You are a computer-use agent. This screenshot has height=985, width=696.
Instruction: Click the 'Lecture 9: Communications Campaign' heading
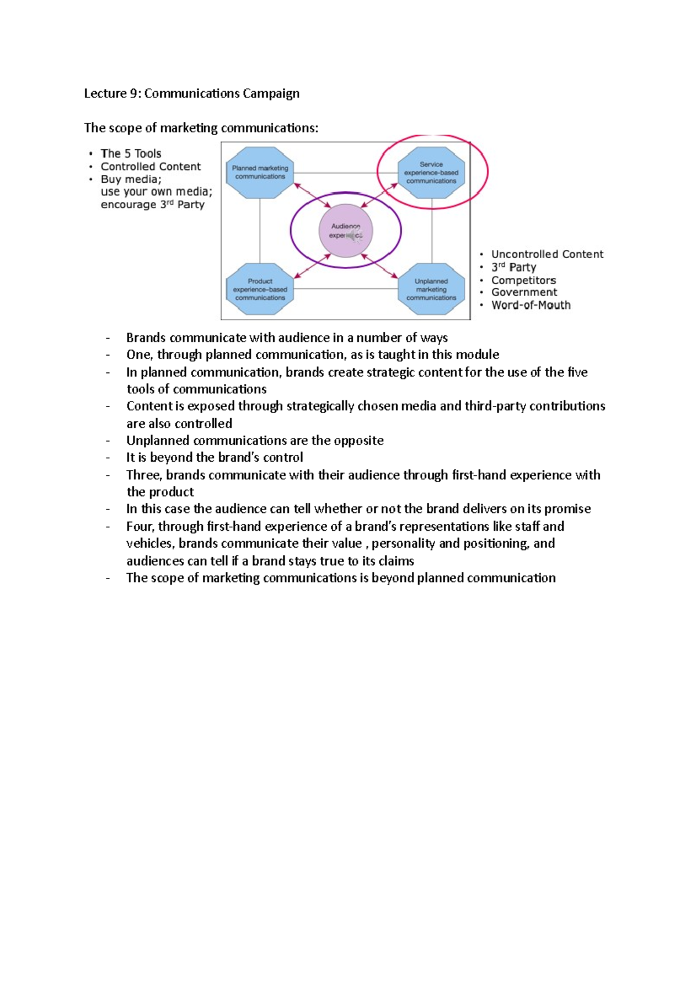[191, 93]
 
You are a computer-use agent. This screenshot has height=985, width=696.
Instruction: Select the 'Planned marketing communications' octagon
[260, 172]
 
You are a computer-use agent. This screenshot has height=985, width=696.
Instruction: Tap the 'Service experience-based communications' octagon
[431, 172]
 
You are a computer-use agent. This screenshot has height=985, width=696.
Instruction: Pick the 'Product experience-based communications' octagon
[260, 289]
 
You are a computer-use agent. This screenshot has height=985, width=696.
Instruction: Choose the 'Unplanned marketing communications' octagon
[431, 289]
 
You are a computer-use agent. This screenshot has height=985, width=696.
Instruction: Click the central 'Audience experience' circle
[346, 231]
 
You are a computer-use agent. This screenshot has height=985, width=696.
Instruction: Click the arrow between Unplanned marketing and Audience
[380, 265]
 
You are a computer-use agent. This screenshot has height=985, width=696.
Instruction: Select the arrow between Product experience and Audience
[313, 266]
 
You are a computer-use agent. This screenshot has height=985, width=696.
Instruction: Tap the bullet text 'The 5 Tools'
[130, 154]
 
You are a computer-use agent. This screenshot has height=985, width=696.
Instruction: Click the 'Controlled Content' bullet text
[150, 166]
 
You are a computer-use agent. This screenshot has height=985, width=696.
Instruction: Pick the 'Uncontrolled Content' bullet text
[547, 254]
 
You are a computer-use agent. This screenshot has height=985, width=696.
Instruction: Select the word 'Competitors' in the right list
[523, 280]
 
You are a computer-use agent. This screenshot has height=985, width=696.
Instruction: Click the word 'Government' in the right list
[524, 292]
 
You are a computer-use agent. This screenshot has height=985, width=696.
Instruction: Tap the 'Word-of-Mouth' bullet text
[531, 305]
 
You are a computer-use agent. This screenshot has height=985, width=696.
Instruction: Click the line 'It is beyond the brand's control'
[215, 458]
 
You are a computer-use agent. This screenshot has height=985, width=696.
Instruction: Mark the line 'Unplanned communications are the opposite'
[255, 441]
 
